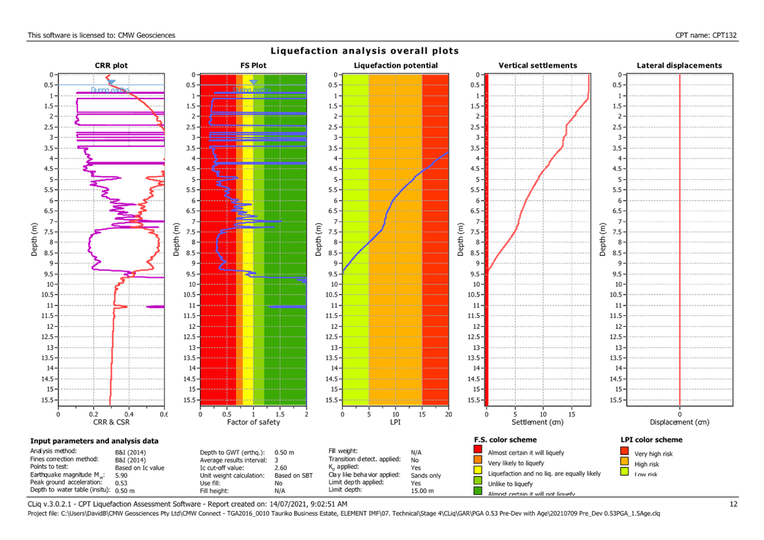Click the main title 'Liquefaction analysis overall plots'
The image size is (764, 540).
click(364, 51)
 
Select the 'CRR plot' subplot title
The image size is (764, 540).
click(111, 66)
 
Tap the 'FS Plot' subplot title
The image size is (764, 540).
click(253, 66)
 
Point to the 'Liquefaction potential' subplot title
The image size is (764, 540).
click(395, 66)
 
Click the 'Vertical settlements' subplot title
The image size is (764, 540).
click(538, 66)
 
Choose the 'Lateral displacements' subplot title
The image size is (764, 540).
click(679, 66)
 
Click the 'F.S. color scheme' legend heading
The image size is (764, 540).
click(506, 439)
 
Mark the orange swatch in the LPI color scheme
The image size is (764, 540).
click(625, 463)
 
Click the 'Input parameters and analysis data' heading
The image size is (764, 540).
click(94, 440)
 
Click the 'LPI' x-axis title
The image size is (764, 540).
click(395, 421)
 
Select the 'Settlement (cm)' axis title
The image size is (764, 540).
click(537, 421)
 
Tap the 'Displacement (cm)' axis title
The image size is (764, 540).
click(680, 421)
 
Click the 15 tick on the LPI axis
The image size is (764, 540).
click(422, 414)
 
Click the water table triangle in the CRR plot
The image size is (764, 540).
click(112, 82)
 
